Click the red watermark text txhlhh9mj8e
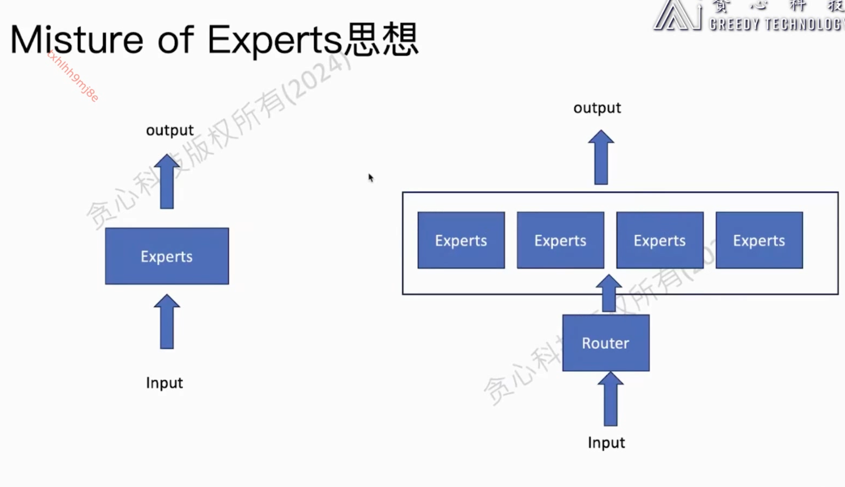point(73,76)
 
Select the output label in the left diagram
point(170,130)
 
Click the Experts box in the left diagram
point(167,256)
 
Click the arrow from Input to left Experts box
point(167,322)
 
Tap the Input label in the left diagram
point(164,383)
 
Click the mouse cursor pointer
point(371,178)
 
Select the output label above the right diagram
point(597,108)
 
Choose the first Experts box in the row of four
point(461,240)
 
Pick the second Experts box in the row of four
point(560,240)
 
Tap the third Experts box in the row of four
point(660,240)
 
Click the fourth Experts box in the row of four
point(759,240)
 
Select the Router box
point(606,343)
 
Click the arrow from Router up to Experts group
point(609,293)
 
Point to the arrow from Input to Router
point(611,399)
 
